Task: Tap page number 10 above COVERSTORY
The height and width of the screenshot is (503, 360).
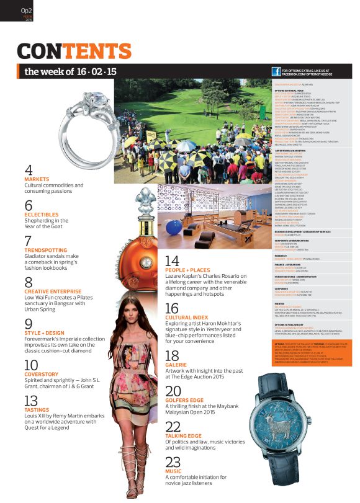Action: click(x=31, y=365)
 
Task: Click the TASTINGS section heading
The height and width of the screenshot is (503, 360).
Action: click(x=37, y=410)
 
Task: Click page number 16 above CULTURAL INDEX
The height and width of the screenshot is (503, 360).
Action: click(x=172, y=308)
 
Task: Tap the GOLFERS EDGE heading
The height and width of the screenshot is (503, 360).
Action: click(x=184, y=401)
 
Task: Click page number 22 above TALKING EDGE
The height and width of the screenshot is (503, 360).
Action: click(x=173, y=426)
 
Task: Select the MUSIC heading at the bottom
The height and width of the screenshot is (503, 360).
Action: click(x=173, y=471)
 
